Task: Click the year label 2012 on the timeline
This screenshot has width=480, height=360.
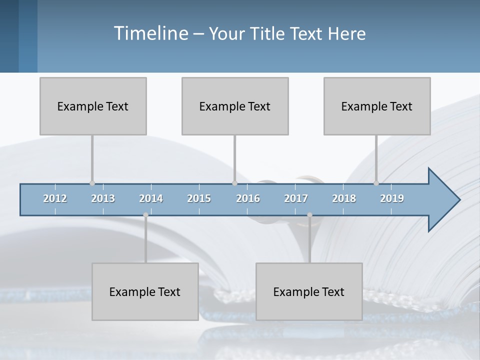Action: pos(55,198)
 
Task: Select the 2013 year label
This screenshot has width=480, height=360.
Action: pos(103,198)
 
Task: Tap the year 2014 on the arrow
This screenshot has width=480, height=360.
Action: pos(151,198)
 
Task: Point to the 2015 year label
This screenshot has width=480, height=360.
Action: pos(199,198)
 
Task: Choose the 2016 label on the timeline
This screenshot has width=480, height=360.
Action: pos(248,198)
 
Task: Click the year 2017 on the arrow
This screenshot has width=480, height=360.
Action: pos(296,198)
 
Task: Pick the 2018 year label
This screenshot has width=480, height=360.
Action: pos(344,198)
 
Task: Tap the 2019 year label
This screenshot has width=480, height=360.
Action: pos(392,198)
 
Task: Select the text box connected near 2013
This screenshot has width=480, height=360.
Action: pos(93,106)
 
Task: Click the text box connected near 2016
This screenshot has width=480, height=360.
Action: pos(235,106)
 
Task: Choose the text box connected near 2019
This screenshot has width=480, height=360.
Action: pos(377,106)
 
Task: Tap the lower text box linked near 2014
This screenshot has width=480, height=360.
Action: pos(145,291)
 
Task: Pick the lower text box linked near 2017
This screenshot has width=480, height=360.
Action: pos(309,291)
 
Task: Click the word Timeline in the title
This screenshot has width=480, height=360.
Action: pos(150,33)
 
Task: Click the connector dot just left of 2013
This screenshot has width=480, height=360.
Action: pos(92,183)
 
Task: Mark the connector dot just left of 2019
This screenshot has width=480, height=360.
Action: pos(376,183)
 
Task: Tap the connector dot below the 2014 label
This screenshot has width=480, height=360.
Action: pos(145,215)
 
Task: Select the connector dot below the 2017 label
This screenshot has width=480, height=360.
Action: pos(309,215)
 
